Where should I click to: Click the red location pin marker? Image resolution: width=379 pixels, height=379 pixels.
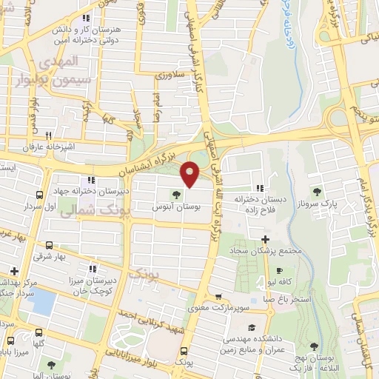[x=190, y=173]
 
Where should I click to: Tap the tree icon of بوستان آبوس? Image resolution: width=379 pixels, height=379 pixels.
[x=176, y=195]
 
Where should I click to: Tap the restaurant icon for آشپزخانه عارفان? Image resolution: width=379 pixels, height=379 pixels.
[x=49, y=135]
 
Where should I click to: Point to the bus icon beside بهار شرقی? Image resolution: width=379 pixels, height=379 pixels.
[x=49, y=245]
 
